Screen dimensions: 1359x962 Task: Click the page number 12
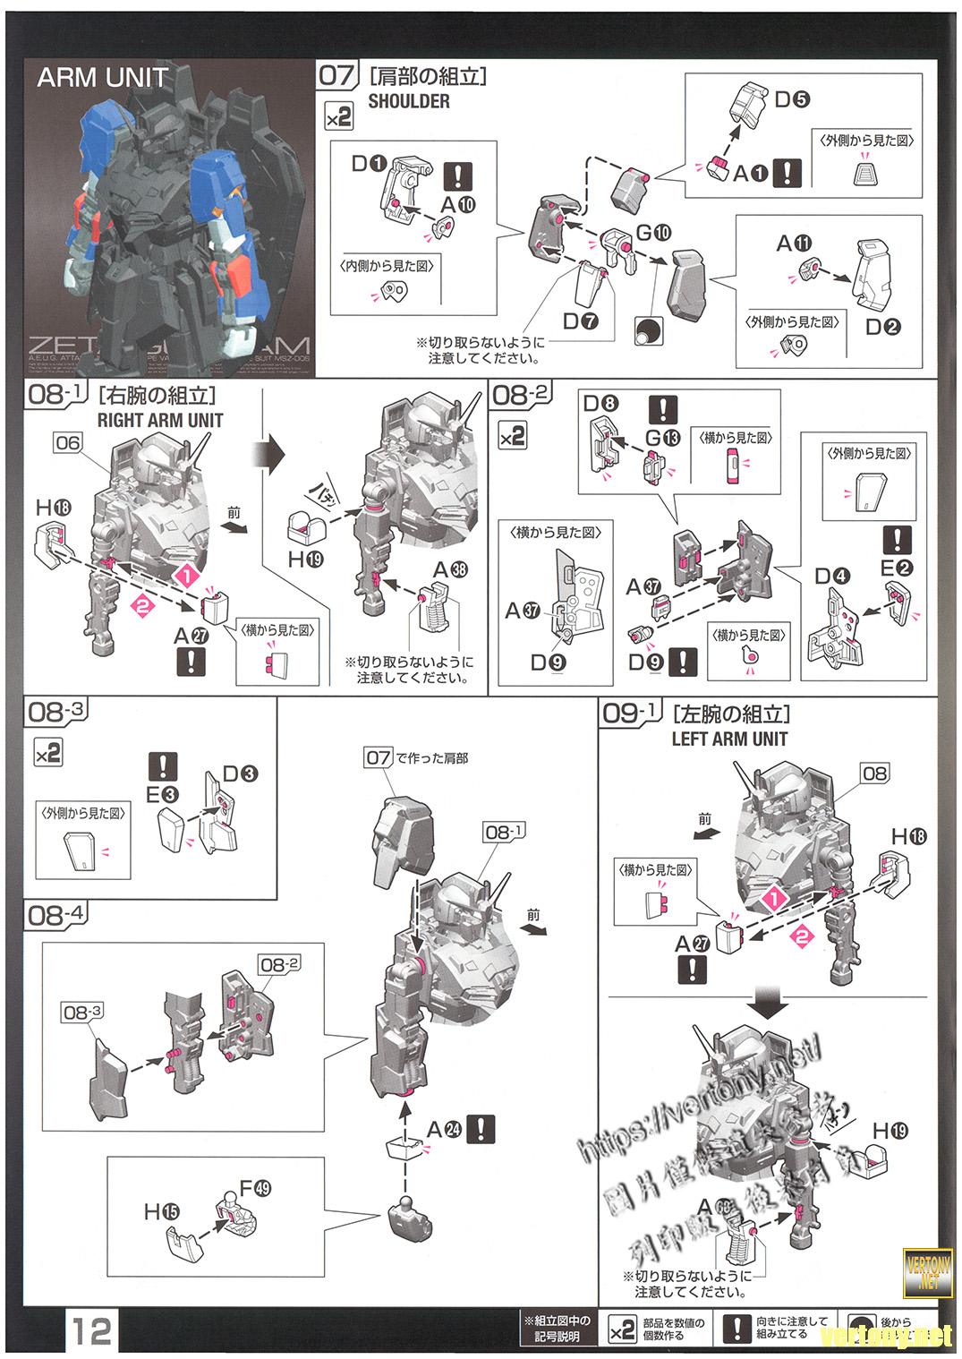click(92, 1331)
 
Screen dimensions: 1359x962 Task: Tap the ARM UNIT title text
click(102, 78)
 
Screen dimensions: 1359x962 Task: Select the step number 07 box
click(336, 74)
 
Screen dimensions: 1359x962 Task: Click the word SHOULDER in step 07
click(409, 101)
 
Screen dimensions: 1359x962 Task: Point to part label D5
click(791, 98)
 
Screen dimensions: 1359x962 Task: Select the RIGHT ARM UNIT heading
click(161, 419)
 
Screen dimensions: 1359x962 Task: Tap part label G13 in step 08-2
click(663, 438)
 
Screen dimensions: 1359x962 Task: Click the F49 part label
click(255, 1190)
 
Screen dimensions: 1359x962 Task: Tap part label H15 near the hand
click(161, 1211)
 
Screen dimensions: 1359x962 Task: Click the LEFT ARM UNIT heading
click(729, 739)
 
